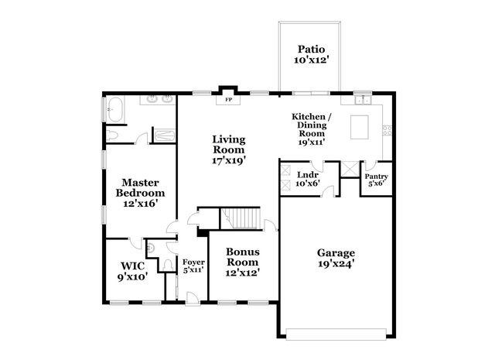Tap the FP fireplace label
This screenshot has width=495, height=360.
coord(228,100)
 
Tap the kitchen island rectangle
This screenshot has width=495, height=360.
coord(360,127)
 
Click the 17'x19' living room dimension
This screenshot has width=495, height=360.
coord(229,161)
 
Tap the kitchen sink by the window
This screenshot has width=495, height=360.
coord(361,99)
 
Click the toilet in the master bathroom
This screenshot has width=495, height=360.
coord(113,135)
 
